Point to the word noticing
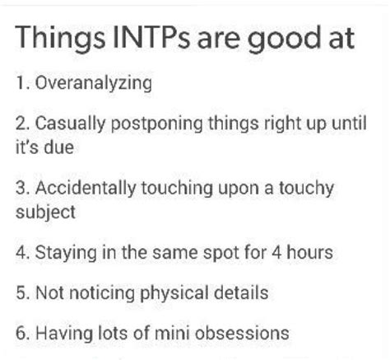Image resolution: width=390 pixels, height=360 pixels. coord(95,292)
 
